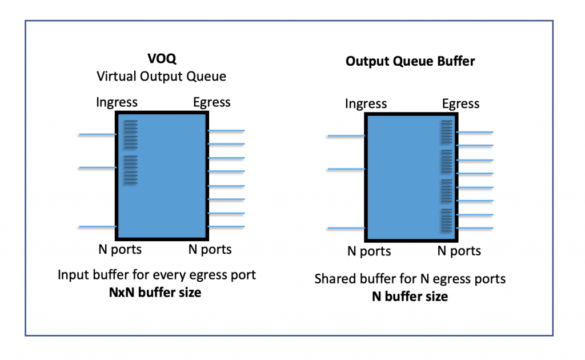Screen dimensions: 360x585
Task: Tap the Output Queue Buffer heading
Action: (410, 61)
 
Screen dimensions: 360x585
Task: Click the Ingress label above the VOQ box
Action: (117, 102)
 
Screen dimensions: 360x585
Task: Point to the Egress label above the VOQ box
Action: (211, 102)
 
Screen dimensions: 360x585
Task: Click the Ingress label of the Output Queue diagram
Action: (366, 103)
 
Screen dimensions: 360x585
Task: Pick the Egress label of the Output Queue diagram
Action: (460, 103)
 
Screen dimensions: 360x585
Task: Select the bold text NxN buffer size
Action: (155, 292)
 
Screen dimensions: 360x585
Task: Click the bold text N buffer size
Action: (410, 296)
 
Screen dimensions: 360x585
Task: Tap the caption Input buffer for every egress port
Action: (157, 275)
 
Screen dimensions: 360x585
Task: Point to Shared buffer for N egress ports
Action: (410, 279)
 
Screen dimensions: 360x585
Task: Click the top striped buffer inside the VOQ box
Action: (131, 134)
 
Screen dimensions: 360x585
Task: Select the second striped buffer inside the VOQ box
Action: (131, 170)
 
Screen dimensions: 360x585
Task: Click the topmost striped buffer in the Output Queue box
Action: (446, 132)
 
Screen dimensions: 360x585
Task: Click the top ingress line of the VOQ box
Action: (98, 135)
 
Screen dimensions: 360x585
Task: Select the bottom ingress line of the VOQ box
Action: (98, 227)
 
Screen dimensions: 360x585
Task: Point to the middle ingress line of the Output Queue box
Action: (346, 169)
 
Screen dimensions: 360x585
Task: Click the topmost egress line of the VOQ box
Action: (226, 131)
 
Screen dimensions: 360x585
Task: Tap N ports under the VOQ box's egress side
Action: (210, 249)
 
